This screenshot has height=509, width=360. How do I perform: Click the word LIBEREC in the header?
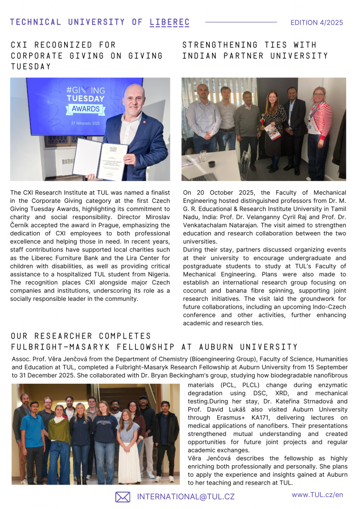tap(170, 22)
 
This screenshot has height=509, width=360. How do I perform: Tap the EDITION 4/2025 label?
tap(317, 22)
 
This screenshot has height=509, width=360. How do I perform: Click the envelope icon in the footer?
tap(123, 497)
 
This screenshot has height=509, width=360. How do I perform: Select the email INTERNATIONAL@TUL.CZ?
tap(185, 497)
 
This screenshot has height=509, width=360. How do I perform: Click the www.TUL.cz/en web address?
tap(317, 495)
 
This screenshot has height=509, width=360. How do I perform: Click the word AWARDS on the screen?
tap(86, 109)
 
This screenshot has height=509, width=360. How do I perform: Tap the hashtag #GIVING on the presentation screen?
tap(86, 90)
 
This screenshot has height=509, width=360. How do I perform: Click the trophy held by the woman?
tap(263, 122)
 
